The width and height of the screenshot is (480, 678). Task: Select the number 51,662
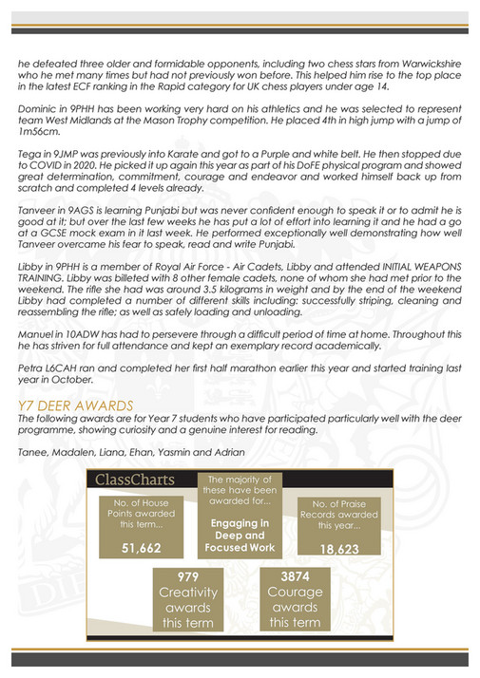point(134,548)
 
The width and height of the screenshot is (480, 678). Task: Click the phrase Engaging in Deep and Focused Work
point(239,536)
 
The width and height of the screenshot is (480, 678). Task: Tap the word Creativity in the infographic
point(188,593)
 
